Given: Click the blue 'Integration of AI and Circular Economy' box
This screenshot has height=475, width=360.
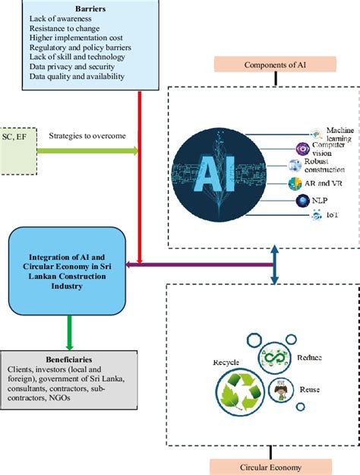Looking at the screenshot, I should tap(67, 263).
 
